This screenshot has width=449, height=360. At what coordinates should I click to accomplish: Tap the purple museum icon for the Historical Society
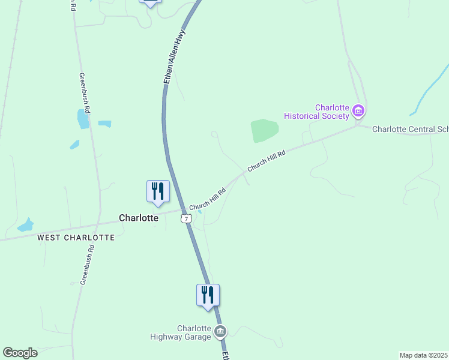pos(358,110)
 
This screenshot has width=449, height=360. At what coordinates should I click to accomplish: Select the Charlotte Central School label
pos(410,129)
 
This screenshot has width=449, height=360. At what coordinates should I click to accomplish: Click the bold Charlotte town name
pos(139,218)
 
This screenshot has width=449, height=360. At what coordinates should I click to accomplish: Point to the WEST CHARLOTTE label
pos(76,238)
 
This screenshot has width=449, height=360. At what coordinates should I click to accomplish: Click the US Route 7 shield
pos(186,218)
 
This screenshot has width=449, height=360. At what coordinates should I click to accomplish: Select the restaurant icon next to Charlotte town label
pos(158,191)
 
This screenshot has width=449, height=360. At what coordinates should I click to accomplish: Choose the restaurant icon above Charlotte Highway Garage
pos(208,295)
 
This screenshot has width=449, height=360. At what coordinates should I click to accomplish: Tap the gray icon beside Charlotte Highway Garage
pos(220,331)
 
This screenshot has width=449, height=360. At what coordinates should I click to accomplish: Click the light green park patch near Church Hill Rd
pos(264,130)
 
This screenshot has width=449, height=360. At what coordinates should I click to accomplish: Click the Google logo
pos(20,353)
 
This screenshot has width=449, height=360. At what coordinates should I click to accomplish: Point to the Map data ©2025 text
pos(423,355)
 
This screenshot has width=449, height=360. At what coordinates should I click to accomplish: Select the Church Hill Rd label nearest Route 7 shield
pos(207,200)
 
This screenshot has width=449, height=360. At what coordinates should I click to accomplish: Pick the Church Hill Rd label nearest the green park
pos(266,161)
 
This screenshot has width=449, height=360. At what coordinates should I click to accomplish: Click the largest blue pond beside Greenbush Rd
pos(82,119)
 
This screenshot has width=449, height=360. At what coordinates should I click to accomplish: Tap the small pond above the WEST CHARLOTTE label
pos(26,225)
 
